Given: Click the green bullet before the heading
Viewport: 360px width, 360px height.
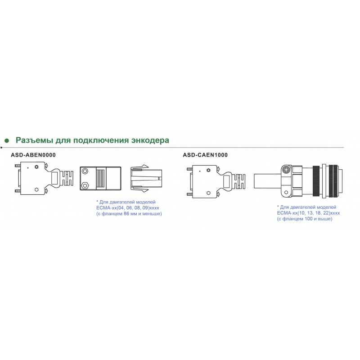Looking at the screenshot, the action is [7, 140].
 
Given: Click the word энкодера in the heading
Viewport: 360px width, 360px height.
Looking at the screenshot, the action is [150, 140].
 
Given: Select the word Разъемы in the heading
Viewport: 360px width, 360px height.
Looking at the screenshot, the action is [35, 140].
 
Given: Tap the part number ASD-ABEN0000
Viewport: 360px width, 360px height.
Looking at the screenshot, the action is [33, 155].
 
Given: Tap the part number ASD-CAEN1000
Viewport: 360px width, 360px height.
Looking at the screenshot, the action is [205, 155].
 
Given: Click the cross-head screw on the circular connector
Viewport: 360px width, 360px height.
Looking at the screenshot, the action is [286, 170].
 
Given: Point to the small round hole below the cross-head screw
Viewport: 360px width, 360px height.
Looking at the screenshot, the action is [286, 193].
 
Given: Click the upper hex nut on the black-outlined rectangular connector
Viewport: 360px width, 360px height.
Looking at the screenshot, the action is [85, 171].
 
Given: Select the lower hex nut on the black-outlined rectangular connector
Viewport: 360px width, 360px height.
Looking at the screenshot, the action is [85, 185].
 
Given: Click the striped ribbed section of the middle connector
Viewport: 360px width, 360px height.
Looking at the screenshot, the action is [101, 178].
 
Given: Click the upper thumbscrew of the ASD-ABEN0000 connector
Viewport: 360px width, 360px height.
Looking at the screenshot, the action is [18, 166].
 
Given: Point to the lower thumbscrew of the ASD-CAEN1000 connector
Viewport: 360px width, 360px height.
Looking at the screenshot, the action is [189, 194].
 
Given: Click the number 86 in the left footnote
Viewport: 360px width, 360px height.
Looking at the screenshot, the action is [126, 214].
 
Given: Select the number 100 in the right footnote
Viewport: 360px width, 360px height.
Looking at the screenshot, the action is [309, 219].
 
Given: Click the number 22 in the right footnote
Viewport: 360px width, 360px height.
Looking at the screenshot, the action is [325, 213].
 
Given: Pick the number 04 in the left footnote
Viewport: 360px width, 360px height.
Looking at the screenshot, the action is [121, 208].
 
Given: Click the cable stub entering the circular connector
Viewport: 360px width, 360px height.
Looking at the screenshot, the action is [267, 181].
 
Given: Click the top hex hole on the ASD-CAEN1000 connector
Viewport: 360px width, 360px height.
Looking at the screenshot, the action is [208, 170].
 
